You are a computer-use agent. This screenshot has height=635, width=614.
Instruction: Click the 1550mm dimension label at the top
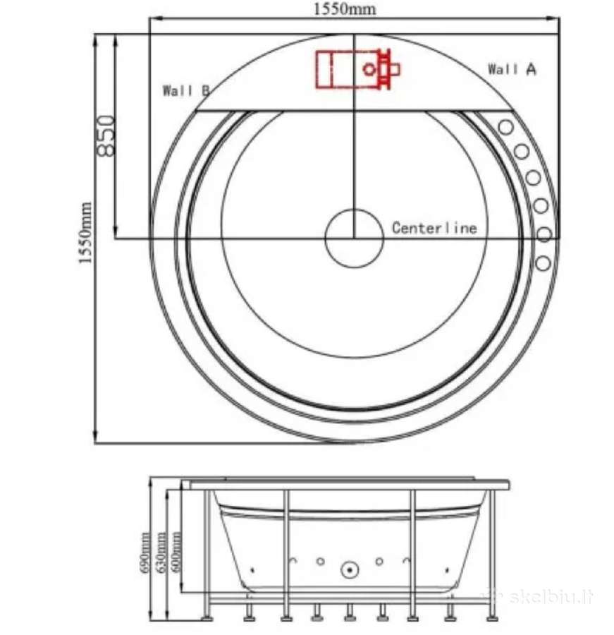tap(345, 8)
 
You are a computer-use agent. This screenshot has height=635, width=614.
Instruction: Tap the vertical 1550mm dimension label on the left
tap(85, 232)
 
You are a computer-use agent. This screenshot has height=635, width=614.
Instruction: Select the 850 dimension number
tap(106, 135)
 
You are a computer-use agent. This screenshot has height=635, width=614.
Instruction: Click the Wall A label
tap(512, 69)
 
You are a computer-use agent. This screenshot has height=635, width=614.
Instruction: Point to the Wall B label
tap(186, 90)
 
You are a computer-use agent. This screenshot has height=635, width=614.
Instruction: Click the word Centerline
tap(434, 228)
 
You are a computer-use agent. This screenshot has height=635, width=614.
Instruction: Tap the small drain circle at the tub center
tap(354, 238)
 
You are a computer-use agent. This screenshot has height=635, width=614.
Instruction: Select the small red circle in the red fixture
tap(369, 69)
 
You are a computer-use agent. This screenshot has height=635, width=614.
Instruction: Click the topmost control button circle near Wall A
tap(505, 127)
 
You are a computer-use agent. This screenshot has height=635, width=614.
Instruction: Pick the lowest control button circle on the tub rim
tap(544, 263)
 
